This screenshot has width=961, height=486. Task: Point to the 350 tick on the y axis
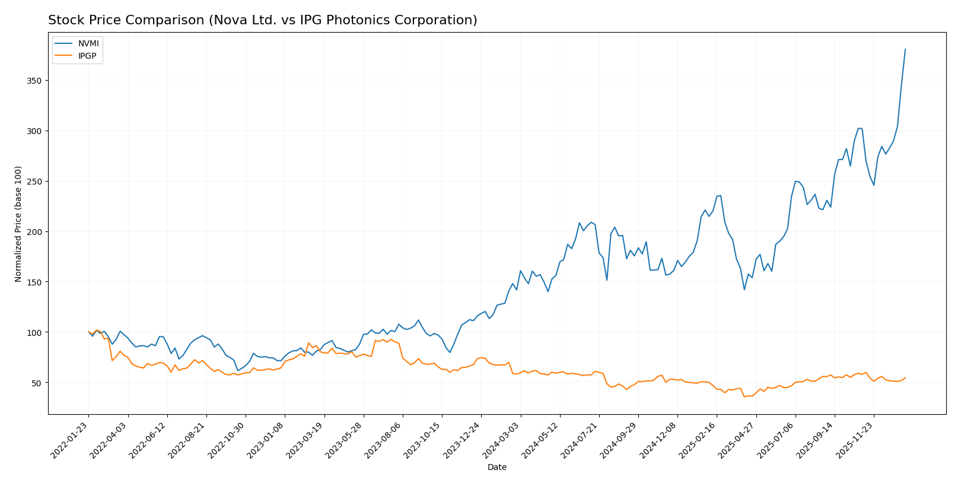tap(37, 81)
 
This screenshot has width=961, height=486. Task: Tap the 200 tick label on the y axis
tap(37, 231)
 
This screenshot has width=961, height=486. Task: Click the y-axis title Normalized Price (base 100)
tap(18, 224)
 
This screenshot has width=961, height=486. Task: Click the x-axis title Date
tap(497, 468)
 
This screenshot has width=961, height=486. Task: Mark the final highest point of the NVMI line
tap(905, 49)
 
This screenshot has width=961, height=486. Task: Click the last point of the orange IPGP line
tap(905, 377)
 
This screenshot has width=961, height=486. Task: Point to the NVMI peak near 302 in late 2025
tap(858, 128)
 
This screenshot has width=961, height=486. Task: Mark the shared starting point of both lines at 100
tap(88, 332)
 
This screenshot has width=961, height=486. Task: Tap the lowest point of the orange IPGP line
tap(744, 396)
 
